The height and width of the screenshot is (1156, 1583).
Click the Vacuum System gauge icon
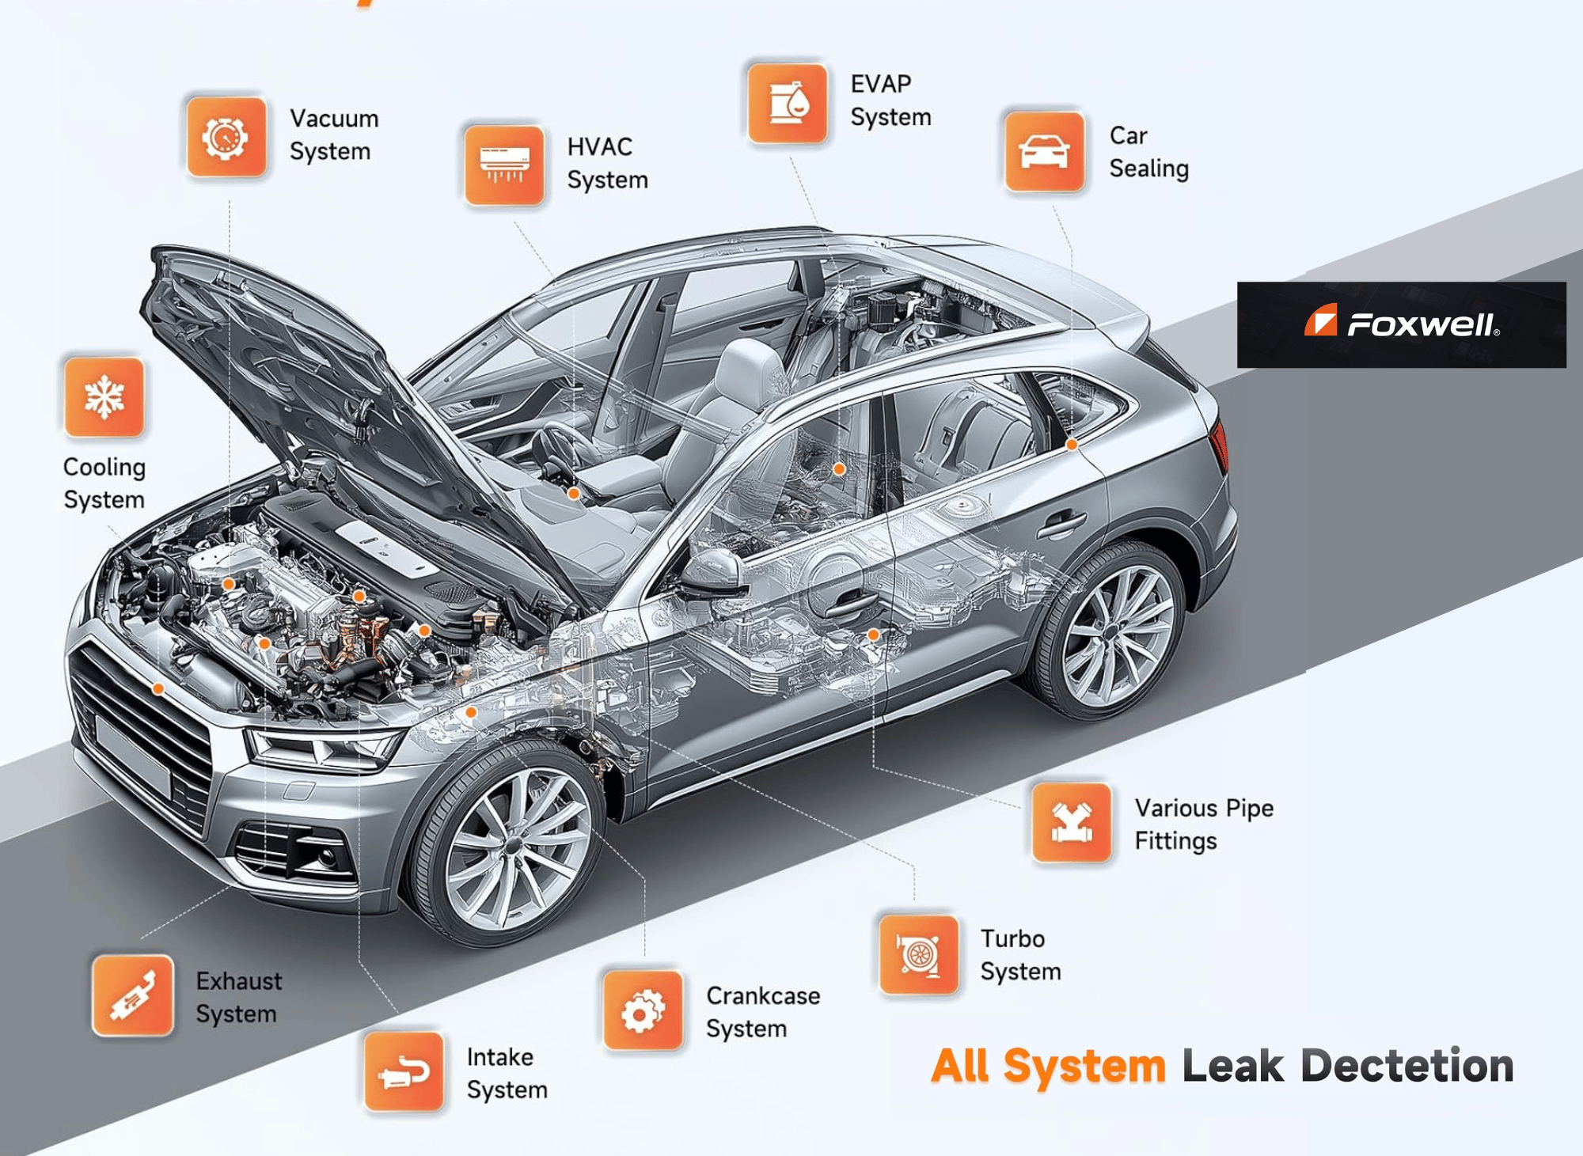pyautogui.click(x=226, y=137)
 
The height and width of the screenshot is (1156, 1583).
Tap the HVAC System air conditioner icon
pyautogui.click(x=504, y=165)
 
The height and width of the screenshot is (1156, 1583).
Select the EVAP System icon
pyautogui.click(x=787, y=104)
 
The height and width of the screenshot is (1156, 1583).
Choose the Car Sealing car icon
pyautogui.click(x=1044, y=151)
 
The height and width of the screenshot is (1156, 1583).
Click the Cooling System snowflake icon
pyautogui.click(x=104, y=396)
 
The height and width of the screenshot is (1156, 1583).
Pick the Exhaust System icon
pyautogui.click(x=132, y=995)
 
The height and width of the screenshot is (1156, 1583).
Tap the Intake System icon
pyautogui.click(x=404, y=1071)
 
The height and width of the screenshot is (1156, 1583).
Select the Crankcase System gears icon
pyautogui.click(x=643, y=1010)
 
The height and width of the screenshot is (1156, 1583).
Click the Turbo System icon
pyautogui.click(x=918, y=954)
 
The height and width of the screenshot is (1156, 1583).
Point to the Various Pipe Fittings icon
pyautogui.click(x=1072, y=823)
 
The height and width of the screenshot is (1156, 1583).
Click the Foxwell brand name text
pyautogui.click(x=1422, y=324)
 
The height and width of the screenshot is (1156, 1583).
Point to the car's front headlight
pyautogui.click(x=325, y=748)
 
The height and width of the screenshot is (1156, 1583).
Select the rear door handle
pyautogui.click(x=1061, y=523)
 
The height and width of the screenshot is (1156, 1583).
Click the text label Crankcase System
pyautogui.click(x=762, y=1011)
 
